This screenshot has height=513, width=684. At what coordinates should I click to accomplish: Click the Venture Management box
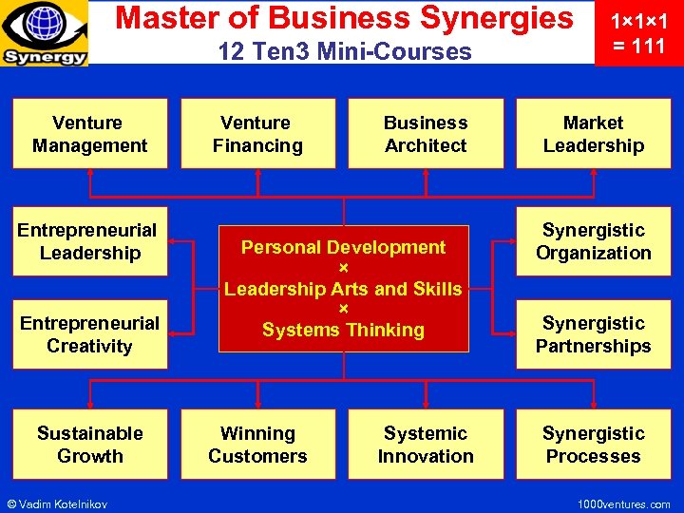pyautogui.click(x=90, y=134)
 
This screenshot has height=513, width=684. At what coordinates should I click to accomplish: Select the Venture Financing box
pyautogui.click(x=257, y=134)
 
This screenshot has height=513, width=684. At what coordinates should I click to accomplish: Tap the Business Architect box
pyautogui.click(x=426, y=134)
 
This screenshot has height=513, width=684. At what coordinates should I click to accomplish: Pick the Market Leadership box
pyautogui.click(x=594, y=134)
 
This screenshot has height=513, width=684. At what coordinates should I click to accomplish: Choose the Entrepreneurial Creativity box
pyautogui.click(x=90, y=334)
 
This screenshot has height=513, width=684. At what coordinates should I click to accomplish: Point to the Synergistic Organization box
pyautogui.click(x=594, y=241)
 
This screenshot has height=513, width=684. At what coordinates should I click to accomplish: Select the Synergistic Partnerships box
pyautogui.click(x=594, y=334)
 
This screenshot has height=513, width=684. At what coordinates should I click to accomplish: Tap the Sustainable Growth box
pyautogui.click(x=90, y=444)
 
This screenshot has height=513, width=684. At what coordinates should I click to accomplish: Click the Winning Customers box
pyautogui.click(x=257, y=444)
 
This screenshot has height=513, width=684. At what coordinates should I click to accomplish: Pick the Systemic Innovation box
pyautogui.click(x=426, y=444)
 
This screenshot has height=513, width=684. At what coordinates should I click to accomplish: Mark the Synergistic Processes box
pyautogui.click(x=594, y=444)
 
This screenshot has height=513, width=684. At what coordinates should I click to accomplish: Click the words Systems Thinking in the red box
pyautogui.click(x=343, y=331)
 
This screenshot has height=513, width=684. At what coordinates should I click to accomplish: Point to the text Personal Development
pyautogui.click(x=343, y=247)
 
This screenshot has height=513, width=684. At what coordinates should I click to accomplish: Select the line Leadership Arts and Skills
pyautogui.click(x=343, y=289)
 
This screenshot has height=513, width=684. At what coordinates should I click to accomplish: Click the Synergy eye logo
pyautogui.click(x=45, y=33)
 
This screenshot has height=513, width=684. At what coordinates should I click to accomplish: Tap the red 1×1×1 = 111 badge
pyautogui.click(x=637, y=33)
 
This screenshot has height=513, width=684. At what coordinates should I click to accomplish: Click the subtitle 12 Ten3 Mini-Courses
pyautogui.click(x=344, y=51)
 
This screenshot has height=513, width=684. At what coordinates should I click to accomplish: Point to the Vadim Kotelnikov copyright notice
pyautogui.click(x=57, y=503)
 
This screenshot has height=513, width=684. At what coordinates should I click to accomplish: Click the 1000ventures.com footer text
pyautogui.click(x=623, y=503)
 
